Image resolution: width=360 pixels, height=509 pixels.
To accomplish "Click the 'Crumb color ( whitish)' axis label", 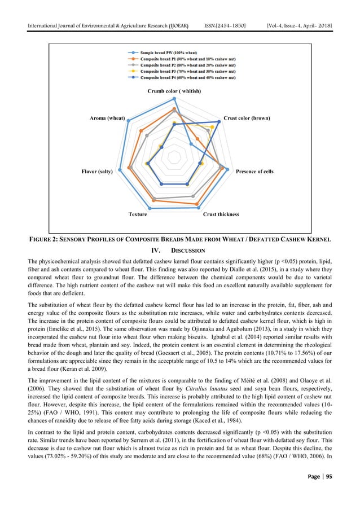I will point(174,90).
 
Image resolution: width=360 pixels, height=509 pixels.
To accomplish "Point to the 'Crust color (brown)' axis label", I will point(247,119).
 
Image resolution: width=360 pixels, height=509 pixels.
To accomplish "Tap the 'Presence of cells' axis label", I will point(254,171).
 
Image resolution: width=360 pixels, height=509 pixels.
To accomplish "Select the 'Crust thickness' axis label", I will point(221,214).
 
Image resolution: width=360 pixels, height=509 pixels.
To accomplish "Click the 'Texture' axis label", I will point(138,214).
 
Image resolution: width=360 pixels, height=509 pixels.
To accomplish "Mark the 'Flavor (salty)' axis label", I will point(98,171).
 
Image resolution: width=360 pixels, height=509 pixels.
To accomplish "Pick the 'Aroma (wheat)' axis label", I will point(107,119).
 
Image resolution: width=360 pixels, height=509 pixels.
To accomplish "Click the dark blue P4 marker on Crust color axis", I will point(219,120).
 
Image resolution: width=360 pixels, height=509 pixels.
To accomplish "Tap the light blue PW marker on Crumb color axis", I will point(174,98).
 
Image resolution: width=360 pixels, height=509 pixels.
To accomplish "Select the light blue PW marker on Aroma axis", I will point(129,120).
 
